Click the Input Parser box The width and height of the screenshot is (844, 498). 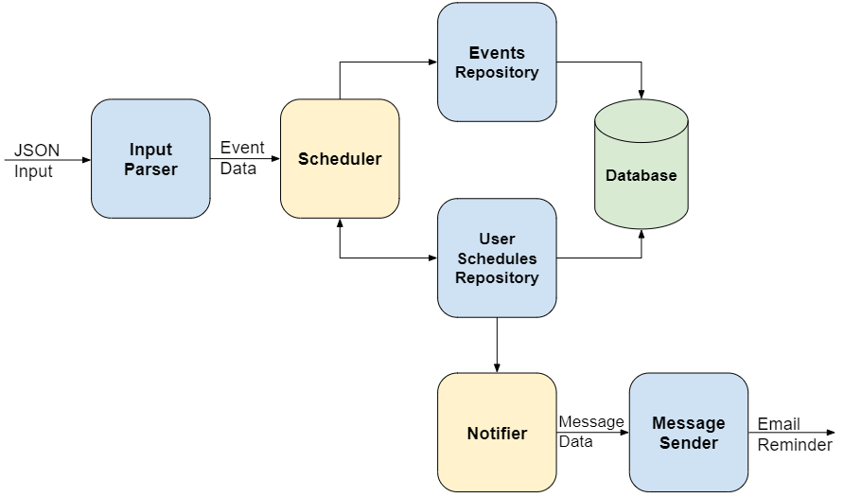click(x=150, y=159)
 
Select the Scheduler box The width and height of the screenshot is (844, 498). click(x=340, y=159)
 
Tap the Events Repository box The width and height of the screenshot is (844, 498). click(x=497, y=62)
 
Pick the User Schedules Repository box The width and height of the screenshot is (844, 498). click(x=497, y=258)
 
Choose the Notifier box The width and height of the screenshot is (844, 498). click(x=497, y=433)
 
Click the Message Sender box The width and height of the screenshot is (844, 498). click(x=688, y=433)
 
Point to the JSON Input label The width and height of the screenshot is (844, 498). click(x=36, y=161)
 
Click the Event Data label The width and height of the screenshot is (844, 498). click(x=242, y=158)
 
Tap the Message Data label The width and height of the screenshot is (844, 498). click(x=590, y=431)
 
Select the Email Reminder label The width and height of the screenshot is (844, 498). click(x=794, y=434)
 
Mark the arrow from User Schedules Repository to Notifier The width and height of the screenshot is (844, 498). click(x=497, y=345)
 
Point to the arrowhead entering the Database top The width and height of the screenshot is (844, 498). click(x=642, y=94)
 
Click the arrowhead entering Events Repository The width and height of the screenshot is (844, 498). click(x=431, y=62)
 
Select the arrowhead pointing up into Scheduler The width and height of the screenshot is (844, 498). click(x=340, y=223)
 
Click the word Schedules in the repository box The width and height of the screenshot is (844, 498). click(x=497, y=258)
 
